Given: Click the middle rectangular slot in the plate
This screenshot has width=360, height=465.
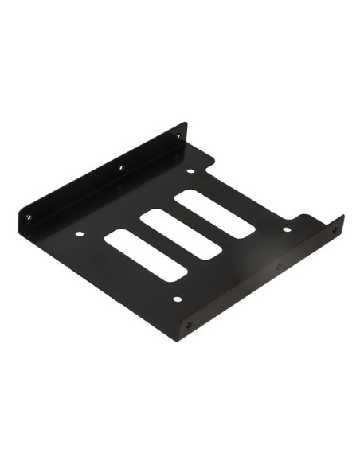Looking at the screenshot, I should (181, 233).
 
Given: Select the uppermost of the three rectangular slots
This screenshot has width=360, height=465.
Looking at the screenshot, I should (215, 213).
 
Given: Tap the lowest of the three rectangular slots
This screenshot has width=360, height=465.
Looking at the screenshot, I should (146, 255).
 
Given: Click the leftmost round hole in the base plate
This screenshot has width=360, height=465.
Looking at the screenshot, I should (79, 234).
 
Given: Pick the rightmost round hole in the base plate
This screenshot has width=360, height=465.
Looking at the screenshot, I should (286, 229).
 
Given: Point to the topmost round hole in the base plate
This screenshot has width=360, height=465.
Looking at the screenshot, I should (190, 171).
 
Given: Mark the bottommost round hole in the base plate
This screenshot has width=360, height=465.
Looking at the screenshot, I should (177, 299).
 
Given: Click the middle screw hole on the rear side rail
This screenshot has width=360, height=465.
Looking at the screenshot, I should (121, 168).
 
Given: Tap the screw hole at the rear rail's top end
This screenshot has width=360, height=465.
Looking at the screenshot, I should (178, 136).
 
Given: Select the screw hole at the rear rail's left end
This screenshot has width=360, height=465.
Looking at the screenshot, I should (29, 214).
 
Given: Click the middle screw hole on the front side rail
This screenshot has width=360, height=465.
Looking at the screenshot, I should (279, 264).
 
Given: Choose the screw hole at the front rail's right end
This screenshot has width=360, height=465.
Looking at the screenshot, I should (335, 229).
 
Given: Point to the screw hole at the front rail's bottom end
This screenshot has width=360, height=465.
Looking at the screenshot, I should (189, 325).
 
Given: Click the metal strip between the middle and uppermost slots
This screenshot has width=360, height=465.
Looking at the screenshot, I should (198, 223).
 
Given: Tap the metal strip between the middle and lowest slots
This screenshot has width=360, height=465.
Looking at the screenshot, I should (163, 244).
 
